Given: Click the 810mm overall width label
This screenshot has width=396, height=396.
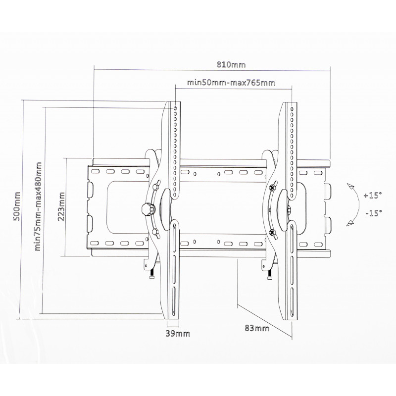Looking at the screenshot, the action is (231, 65).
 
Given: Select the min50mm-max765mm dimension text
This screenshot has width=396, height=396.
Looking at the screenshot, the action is (231, 83).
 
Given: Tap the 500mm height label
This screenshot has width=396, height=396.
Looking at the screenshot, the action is (17, 206).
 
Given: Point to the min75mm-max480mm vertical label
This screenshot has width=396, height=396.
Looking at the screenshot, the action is (38, 206).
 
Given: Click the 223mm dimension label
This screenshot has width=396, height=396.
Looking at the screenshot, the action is (61, 206).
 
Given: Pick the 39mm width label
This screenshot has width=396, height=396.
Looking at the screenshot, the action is (178, 334).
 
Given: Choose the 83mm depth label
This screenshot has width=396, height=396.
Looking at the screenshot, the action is (257, 328).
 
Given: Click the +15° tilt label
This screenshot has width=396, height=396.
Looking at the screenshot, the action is (373, 196).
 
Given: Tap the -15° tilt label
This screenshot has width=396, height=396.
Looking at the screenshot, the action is (374, 213).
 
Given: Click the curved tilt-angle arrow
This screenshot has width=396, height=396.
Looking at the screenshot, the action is (358, 204).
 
